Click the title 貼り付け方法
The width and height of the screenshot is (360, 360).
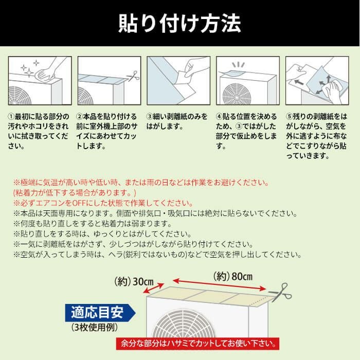(179, 24)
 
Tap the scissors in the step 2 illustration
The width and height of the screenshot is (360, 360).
(133, 76)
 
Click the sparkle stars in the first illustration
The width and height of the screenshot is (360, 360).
(30, 68)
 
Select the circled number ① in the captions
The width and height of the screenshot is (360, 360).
(11, 117)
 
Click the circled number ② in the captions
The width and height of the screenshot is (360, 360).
(79, 117)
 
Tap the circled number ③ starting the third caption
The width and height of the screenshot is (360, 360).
(150, 117)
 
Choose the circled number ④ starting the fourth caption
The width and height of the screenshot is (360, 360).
(219, 117)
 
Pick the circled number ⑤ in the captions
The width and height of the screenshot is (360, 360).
(289, 117)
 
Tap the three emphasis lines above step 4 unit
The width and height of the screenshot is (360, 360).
(238, 65)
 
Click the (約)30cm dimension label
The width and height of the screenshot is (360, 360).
(134, 281)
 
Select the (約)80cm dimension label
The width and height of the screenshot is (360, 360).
(233, 276)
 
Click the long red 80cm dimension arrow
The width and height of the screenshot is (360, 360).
(219, 285)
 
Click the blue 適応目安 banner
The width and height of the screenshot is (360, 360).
(100, 313)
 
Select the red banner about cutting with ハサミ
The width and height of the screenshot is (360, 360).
(197, 344)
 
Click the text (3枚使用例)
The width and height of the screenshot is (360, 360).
(94, 328)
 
